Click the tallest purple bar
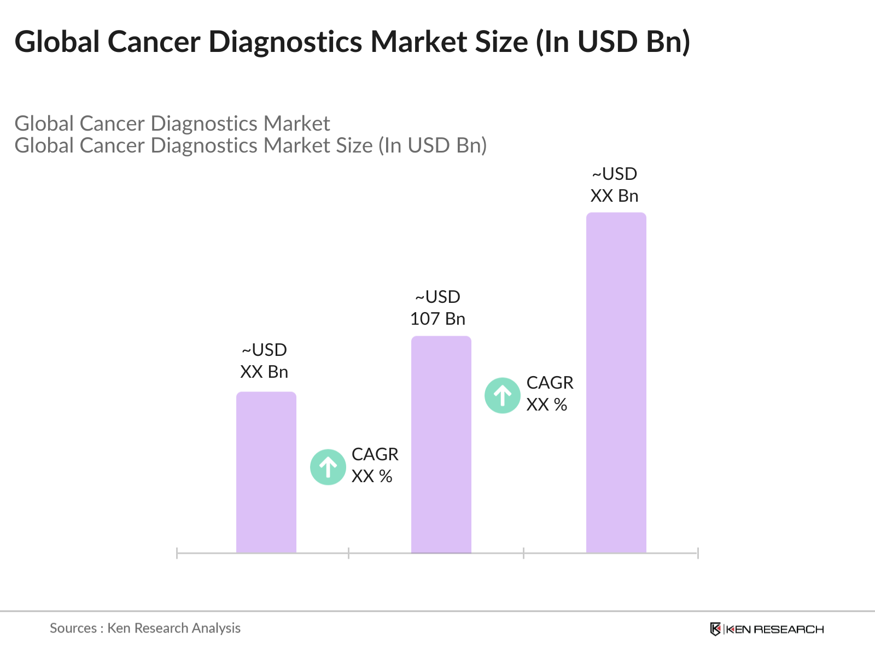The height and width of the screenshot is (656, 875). point(616,383)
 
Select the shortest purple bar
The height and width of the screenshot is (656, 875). point(266,473)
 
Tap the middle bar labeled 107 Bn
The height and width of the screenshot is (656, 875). point(441,444)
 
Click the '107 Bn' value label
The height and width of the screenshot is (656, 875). point(437,319)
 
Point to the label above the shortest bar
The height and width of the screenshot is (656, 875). point(264,361)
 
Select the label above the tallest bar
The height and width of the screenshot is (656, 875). point(614,185)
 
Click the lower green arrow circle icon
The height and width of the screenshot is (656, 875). point(328,467)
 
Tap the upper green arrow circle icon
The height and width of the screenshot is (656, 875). point(502,395)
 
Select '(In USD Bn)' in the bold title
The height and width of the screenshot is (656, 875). point(613,42)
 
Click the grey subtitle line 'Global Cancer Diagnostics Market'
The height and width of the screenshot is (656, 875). point(172,124)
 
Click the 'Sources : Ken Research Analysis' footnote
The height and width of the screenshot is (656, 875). point(145,628)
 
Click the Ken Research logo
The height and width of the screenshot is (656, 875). point(767,629)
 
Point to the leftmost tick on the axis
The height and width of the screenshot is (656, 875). point(177,553)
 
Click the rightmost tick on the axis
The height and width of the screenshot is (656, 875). point(698,553)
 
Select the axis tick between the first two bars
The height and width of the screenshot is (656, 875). point(348,553)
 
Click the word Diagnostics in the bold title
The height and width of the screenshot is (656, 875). point(285,42)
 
